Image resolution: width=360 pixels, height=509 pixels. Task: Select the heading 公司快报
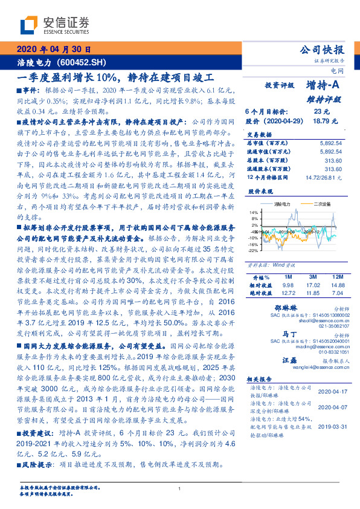323,50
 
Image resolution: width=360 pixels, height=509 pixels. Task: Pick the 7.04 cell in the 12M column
337,293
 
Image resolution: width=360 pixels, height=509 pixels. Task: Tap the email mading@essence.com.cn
317,347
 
